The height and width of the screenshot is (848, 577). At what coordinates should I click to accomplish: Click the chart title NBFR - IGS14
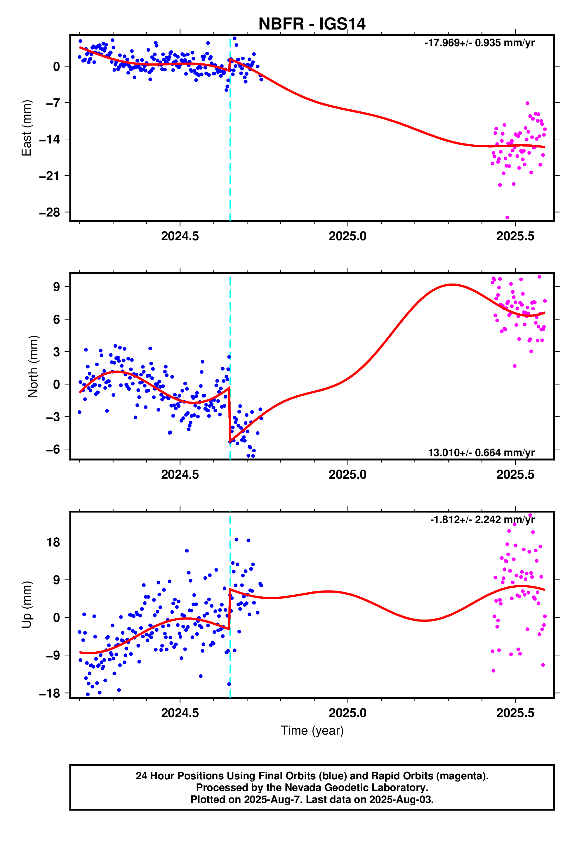[312, 24]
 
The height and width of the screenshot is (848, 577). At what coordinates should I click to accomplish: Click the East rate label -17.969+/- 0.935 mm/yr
[479, 43]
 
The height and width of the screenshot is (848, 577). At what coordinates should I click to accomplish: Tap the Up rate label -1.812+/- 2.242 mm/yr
[482, 520]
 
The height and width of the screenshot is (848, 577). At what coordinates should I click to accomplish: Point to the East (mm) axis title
[27, 128]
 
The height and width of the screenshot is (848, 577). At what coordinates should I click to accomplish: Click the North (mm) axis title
[33, 366]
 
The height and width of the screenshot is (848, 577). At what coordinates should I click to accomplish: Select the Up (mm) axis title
[27, 604]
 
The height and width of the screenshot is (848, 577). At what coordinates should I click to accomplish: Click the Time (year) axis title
[312, 731]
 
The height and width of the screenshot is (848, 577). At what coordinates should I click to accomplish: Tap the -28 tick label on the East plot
[50, 212]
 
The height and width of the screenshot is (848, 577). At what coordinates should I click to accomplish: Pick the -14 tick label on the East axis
[50, 139]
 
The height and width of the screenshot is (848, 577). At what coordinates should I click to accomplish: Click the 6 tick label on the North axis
[56, 320]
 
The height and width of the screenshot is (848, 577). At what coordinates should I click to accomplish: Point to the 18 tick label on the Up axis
[53, 542]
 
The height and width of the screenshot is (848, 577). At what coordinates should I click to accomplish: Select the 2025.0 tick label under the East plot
[347, 236]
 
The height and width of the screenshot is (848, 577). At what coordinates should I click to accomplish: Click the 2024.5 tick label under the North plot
[180, 474]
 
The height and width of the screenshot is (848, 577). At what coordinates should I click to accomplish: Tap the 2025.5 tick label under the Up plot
[515, 713]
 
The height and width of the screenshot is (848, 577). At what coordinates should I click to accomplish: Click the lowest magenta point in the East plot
[507, 217]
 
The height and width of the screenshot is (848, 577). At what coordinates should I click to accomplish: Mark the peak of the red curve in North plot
[452, 285]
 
